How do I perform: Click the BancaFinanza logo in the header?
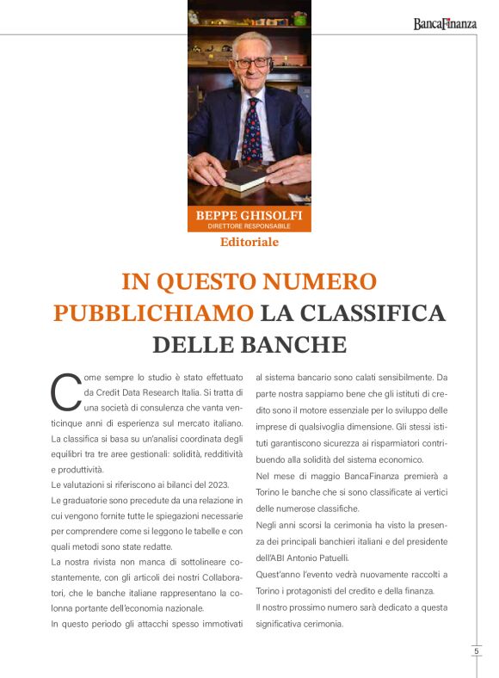coord(444,24)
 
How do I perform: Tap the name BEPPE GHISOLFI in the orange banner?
coord(249,215)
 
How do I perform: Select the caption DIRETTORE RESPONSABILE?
coord(249,226)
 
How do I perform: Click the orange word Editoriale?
coord(249,242)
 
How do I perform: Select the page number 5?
coord(476,651)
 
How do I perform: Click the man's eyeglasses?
coord(251,63)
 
